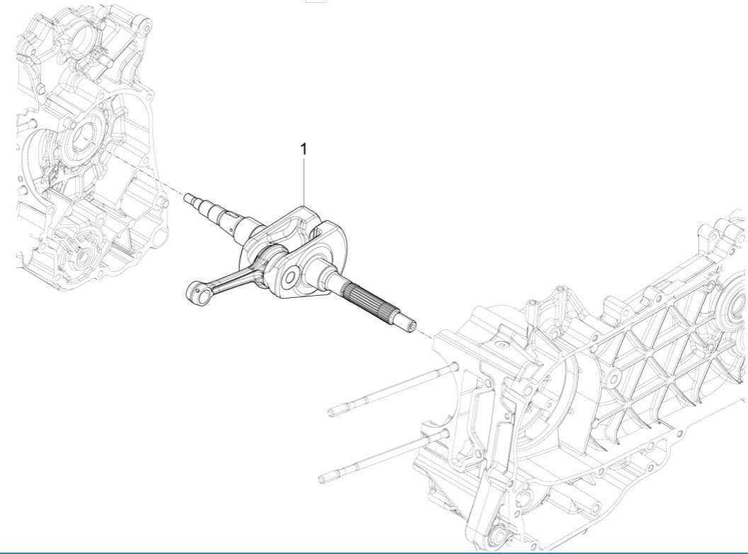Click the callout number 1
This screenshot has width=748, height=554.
305,149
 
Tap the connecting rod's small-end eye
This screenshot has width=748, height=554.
194,289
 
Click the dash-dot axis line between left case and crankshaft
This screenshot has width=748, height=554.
153,176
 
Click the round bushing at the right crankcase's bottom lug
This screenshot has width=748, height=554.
504,531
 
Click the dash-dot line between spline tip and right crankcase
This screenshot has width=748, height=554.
425,334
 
